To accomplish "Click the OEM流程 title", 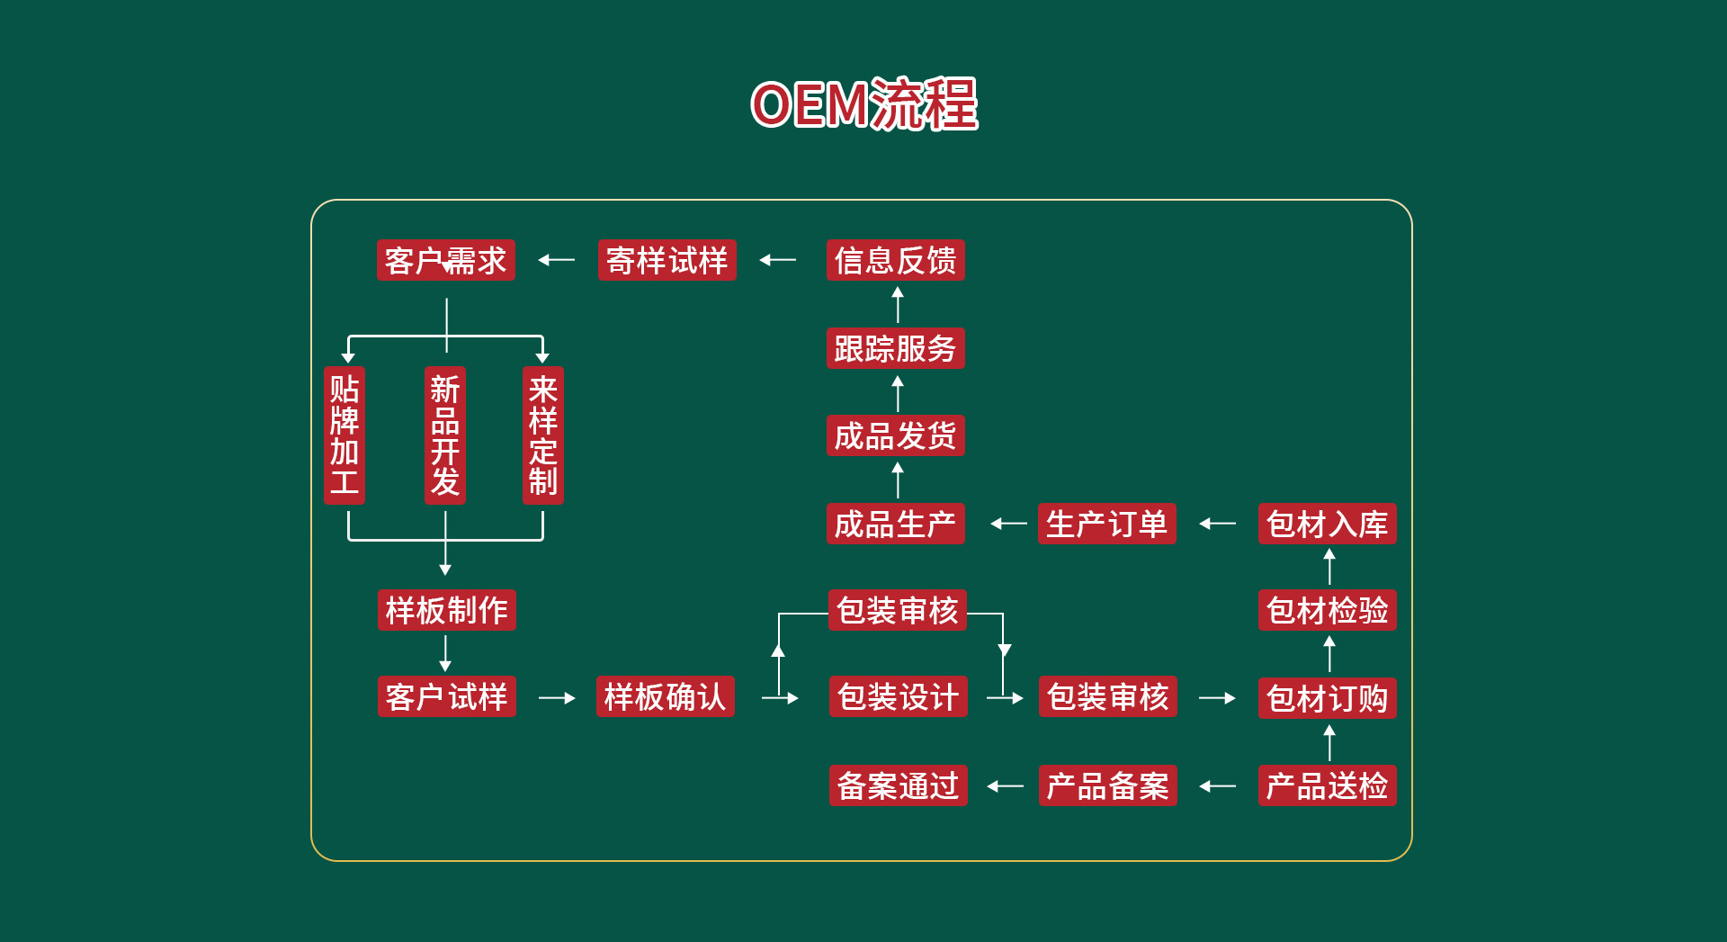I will pos(863,104).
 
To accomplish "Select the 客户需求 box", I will pos(446,260).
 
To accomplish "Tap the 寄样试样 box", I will pos(667,260).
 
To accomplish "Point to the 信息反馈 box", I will pos(895,260).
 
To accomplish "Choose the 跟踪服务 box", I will pos(895,348).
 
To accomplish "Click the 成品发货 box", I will pos(895,435).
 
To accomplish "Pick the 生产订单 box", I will pos(1106,524).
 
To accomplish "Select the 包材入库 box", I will pos(1327,524).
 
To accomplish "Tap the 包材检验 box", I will pos(1327,610).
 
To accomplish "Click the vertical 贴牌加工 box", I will pos(345,435).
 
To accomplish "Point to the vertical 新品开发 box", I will pos(444,435).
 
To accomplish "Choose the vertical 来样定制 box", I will pos(543,435).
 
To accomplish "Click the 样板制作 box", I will pos(446,610).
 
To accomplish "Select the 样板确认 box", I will pos(665,696).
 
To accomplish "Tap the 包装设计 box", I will pos(898,696).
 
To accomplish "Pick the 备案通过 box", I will pos(898,785).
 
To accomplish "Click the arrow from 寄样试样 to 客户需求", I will pos(557,260).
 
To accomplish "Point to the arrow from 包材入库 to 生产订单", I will pos(1218,524).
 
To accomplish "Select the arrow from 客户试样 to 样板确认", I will pos(557,697).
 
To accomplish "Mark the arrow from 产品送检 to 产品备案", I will pos(1218,786).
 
